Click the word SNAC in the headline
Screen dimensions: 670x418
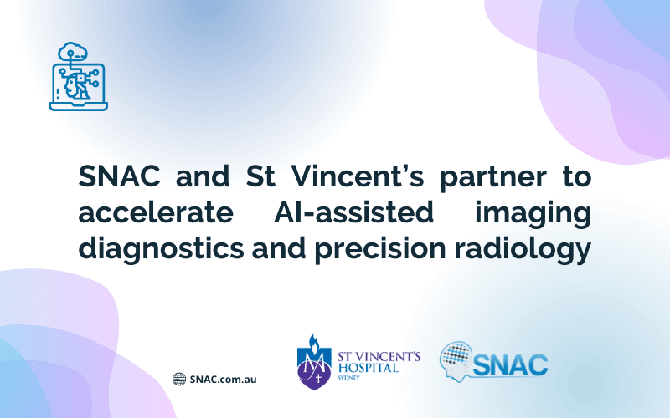coord(119,176)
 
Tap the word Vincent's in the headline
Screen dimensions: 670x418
coord(357,176)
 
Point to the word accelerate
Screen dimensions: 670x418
coord(156,212)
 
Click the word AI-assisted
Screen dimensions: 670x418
coord(353,212)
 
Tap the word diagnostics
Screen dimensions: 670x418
coord(161,248)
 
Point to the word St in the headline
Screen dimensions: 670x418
coord(260,176)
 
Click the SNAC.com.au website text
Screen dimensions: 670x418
coord(223,380)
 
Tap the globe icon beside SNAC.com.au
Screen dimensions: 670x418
coord(179,379)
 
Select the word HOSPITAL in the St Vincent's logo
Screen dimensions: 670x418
coord(368,368)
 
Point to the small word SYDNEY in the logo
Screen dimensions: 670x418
coord(348,378)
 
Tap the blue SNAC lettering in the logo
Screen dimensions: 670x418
coord(510,365)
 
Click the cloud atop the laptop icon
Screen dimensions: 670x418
coord(73,52)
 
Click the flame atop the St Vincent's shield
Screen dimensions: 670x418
coord(314,343)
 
